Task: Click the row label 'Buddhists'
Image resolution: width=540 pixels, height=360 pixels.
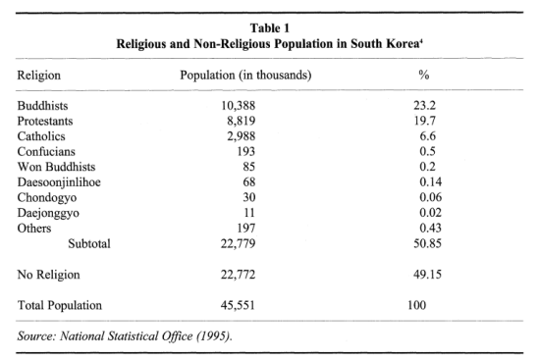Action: (x=47, y=104)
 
